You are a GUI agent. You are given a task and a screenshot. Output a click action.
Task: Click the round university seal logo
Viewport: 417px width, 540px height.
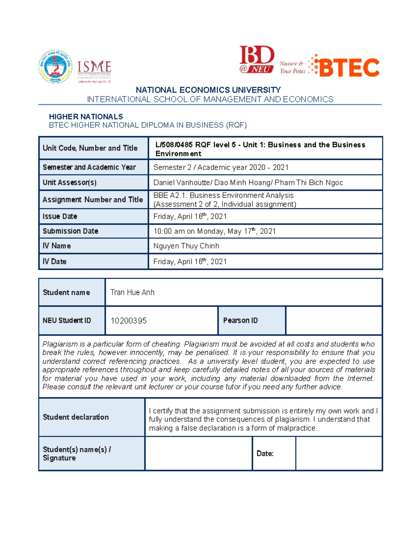pos(56,66)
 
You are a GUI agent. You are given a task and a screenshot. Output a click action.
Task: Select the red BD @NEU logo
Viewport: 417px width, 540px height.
pos(256,59)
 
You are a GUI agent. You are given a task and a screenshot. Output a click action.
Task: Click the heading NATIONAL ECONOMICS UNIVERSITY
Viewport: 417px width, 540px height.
pos(208,90)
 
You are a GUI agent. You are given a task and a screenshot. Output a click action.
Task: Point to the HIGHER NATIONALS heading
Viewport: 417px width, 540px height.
pos(86,117)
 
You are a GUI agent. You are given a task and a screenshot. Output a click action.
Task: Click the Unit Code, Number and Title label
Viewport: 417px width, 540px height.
pos(90,148)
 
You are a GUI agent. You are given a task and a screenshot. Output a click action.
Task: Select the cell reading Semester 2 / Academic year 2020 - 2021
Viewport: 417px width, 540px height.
pos(221,167)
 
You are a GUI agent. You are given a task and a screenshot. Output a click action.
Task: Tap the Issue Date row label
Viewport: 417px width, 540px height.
pos(60,216)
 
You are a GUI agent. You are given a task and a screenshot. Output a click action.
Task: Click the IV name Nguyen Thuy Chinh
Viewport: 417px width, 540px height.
pos(186,246)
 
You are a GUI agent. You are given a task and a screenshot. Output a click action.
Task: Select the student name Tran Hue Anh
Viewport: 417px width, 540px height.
pos(132,292)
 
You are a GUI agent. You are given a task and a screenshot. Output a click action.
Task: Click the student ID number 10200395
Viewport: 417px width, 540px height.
pos(129,321)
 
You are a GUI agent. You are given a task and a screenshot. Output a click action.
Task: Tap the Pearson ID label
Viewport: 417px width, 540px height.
pos(240,321)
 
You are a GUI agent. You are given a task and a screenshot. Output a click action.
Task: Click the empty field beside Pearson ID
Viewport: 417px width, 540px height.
pos(334,321)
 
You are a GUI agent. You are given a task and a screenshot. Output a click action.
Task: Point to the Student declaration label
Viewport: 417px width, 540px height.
pos(76,417)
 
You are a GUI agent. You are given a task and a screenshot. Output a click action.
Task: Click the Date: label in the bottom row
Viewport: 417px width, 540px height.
pos(265,453)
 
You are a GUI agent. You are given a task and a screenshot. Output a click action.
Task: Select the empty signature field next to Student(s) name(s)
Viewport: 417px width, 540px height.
pos(198,453)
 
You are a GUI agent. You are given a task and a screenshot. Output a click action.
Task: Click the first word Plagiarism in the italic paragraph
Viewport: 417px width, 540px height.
pos(60,344)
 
